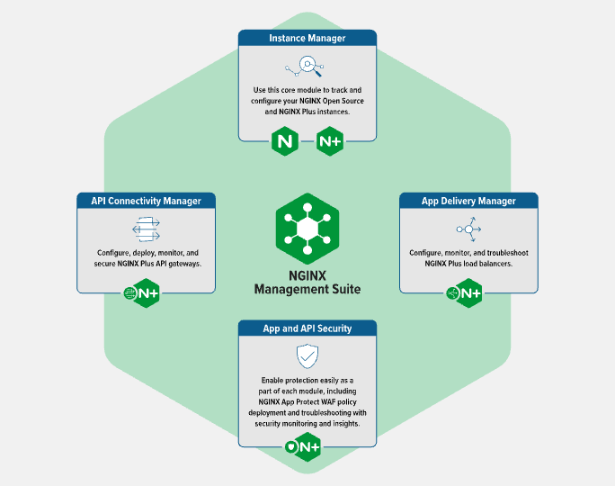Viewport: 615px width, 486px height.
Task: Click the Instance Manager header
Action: tap(307, 39)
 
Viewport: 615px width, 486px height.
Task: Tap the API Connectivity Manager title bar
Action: tap(146, 201)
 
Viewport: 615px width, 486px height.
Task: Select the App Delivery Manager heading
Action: tap(468, 201)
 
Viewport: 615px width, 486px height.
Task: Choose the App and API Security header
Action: tap(307, 328)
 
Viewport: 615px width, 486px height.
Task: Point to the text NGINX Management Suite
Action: tap(307, 283)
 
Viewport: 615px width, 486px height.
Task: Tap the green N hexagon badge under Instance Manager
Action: tap(285, 141)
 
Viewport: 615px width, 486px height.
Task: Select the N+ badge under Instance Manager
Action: tap(330, 141)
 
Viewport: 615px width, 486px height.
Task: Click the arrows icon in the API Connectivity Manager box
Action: tap(146, 229)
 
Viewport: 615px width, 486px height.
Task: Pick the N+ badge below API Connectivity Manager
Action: tap(145, 292)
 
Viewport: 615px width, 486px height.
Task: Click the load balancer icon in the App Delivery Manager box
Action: tap(468, 229)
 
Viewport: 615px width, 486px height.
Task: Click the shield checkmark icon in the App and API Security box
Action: tap(307, 356)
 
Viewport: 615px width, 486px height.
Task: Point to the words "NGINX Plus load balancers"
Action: tap(468, 264)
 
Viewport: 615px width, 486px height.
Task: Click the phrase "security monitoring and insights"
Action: tap(307, 423)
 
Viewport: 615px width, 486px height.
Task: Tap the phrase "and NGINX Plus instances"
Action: tap(307, 113)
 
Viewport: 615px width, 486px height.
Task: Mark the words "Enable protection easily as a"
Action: tap(307, 381)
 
